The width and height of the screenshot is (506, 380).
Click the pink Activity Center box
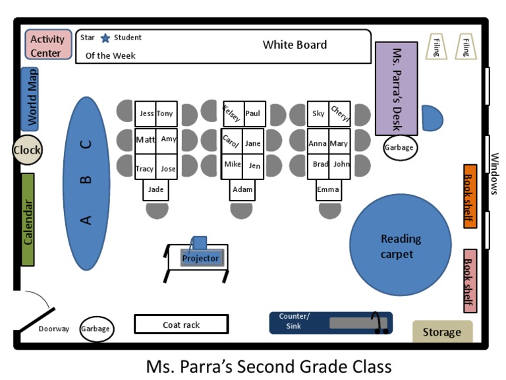[x=47, y=45]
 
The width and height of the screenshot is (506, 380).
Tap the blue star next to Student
[x=105, y=38]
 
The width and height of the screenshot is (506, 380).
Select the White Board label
[x=295, y=45]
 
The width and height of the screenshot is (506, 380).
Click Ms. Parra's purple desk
[x=396, y=88]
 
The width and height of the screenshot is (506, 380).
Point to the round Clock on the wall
[x=27, y=150]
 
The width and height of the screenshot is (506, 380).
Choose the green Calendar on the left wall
[x=28, y=220]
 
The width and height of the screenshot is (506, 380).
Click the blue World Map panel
[x=30, y=99]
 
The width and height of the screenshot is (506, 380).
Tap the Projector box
[x=201, y=258]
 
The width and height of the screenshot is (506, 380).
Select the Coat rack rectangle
[x=181, y=325]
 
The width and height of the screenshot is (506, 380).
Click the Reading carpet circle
[x=400, y=245]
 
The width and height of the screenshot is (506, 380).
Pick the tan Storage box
[x=442, y=332]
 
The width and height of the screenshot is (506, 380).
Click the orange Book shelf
[x=470, y=195]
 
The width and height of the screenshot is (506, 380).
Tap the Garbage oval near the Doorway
[x=96, y=329]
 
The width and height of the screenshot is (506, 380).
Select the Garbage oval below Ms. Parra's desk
[x=399, y=147]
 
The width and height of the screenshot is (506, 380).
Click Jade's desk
[x=156, y=190]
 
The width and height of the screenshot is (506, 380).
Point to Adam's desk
[x=242, y=190]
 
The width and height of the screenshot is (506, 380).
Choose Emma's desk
[x=328, y=190]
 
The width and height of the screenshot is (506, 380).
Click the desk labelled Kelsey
[x=233, y=113]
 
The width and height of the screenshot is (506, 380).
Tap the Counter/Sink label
[x=294, y=321]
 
